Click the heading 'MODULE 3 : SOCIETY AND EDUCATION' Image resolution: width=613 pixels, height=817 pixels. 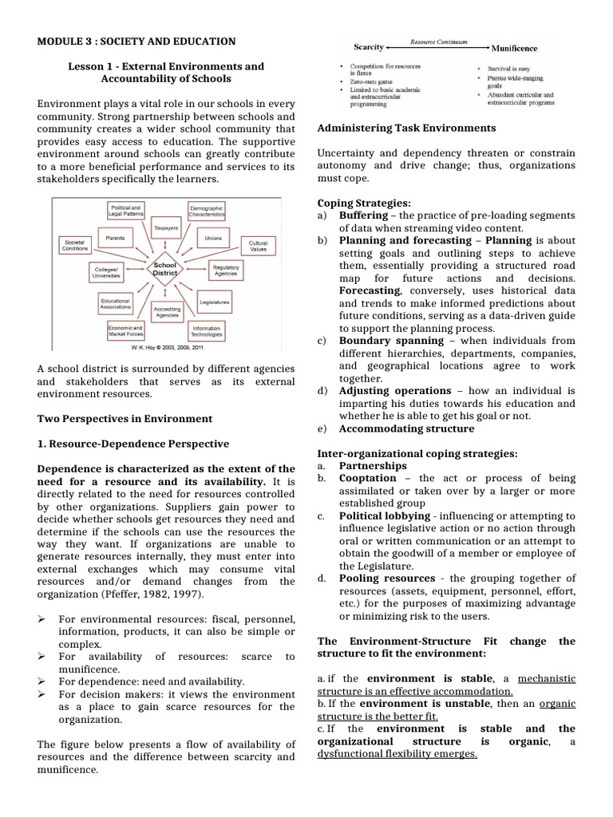click(x=136, y=41)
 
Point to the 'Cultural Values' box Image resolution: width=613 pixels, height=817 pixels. click(x=258, y=245)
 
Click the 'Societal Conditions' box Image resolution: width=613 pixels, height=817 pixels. click(x=74, y=245)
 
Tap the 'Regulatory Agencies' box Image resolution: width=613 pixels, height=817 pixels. click(x=226, y=270)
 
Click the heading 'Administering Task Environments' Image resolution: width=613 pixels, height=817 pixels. click(x=406, y=128)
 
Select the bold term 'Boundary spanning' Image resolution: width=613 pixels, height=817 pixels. click(x=387, y=340)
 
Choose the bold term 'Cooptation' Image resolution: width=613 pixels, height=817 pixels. click(x=368, y=478)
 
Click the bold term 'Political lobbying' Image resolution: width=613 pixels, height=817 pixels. click(x=385, y=515)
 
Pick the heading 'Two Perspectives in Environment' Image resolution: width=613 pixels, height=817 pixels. click(x=125, y=418)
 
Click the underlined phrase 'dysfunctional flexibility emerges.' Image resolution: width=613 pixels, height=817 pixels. click(x=397, y=754)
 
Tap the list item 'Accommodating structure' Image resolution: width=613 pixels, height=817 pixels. click(x=406, y=428)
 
